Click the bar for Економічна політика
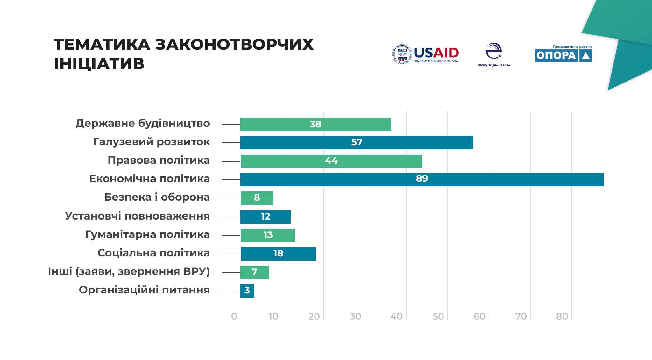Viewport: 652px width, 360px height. tap(422, 180)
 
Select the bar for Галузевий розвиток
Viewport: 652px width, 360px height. tap(357, 143)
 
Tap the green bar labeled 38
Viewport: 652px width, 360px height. tap(315, 124)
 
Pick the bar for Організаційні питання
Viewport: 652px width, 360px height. tap(247, 291)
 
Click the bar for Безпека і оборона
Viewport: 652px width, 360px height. tap(257, 198)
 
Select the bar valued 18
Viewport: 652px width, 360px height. tap(278, 254)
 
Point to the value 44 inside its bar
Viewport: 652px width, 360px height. tap(331, 161)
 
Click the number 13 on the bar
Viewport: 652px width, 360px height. tap(268, 235)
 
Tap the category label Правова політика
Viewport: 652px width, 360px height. tap(159, 160)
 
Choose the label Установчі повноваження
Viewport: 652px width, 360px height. tap(137, 216)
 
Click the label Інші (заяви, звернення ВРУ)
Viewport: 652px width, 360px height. tap(129, 271)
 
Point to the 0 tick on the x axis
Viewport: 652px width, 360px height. tap(234, 316)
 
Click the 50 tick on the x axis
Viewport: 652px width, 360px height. tap(438, 316)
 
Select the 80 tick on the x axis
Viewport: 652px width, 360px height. tap(562, 316)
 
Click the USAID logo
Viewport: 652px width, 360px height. tap(426, 54)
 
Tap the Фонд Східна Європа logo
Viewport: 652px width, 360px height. tap(494, 54)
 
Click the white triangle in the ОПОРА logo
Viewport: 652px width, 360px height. tap(585, 56)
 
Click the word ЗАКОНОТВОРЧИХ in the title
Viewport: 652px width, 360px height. tap(234, 45)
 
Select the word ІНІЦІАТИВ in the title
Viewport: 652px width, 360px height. tap(99, 64)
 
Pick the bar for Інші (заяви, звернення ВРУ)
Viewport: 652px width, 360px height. tap(254, 272)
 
